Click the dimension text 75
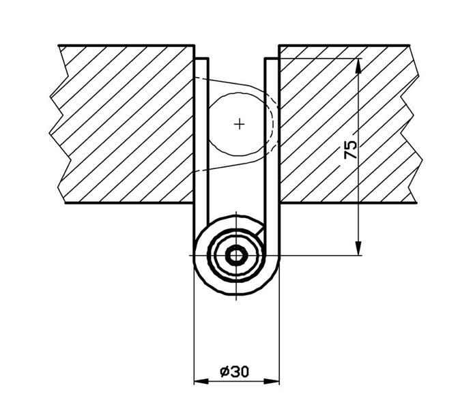coord(350,149)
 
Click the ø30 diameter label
coord(234,372)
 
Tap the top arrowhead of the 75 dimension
coord(358,65)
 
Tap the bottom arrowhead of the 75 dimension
coord(358,248)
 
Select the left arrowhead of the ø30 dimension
coord(201,382)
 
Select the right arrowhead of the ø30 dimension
coord(272,382)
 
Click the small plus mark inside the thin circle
coord(240,125)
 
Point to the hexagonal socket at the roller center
coord(236,256)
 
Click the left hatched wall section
coord(124,124)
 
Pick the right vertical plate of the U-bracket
coord(272,155)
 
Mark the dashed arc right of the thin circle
coord(274,125)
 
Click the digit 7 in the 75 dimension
coord(350,154)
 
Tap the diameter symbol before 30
coord(225,372)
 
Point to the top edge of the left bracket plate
coord(201,59)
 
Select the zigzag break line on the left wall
coord(60,124)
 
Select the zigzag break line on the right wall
coord(412,124)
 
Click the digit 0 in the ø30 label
coord(244,372)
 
